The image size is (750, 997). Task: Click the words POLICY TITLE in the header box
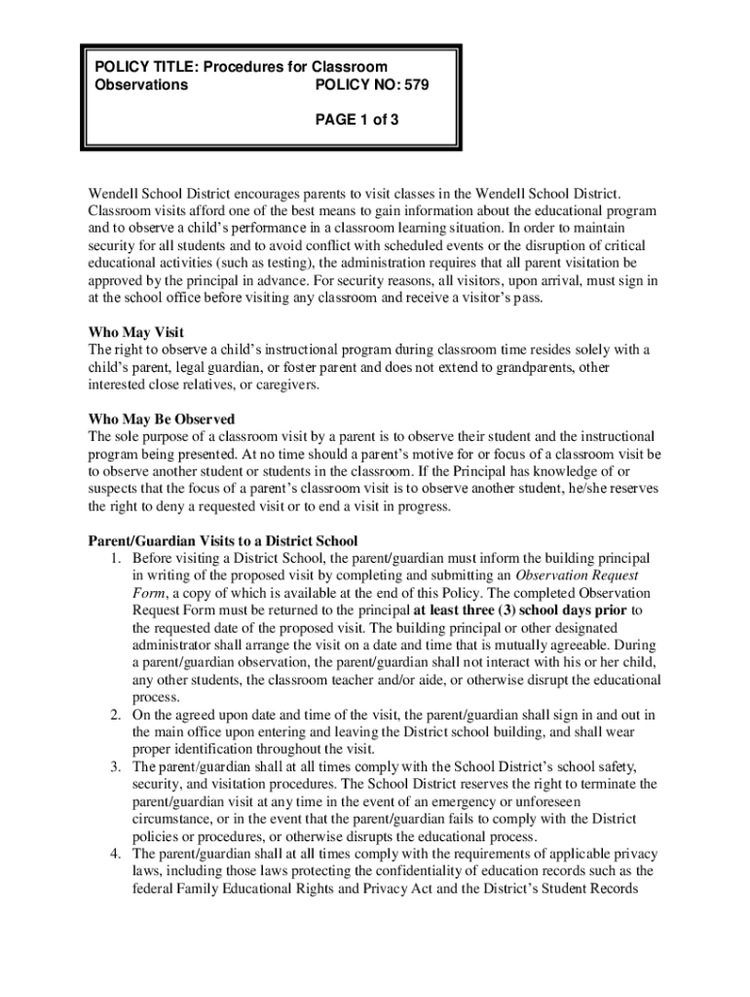146,66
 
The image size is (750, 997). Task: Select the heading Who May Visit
135,332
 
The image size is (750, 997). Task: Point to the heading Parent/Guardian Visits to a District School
223,540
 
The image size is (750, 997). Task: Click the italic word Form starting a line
149,593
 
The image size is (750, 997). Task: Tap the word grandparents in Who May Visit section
544,367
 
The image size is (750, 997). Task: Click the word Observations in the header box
140,85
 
